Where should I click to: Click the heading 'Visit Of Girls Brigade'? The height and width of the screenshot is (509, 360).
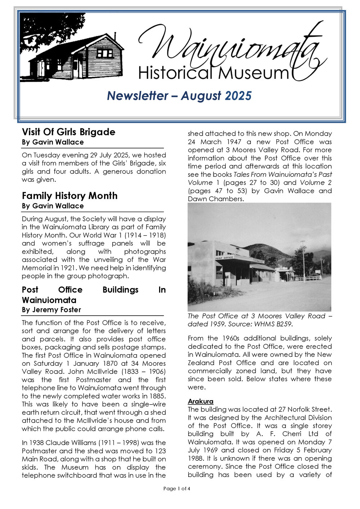pyautogui.click(x=68, y=132)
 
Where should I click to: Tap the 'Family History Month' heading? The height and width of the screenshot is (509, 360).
pyautogui.click(x=69, y=196)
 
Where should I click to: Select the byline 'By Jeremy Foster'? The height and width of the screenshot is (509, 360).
pyautogui.click(x=51, y=310)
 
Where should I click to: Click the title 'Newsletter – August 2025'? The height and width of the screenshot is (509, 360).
pyautogui.click(x=179, y=96)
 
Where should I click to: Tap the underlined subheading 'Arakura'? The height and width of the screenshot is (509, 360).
pyautogui.click(x=201, y=401)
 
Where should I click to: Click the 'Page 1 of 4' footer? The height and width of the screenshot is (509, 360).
pyautogui.click(x=176, y=488)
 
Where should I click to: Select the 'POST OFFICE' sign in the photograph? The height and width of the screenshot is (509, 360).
pyautogui.click(x=224, y=258)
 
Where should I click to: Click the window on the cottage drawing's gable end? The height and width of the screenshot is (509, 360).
pyautogui.click(x=105, y=54)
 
